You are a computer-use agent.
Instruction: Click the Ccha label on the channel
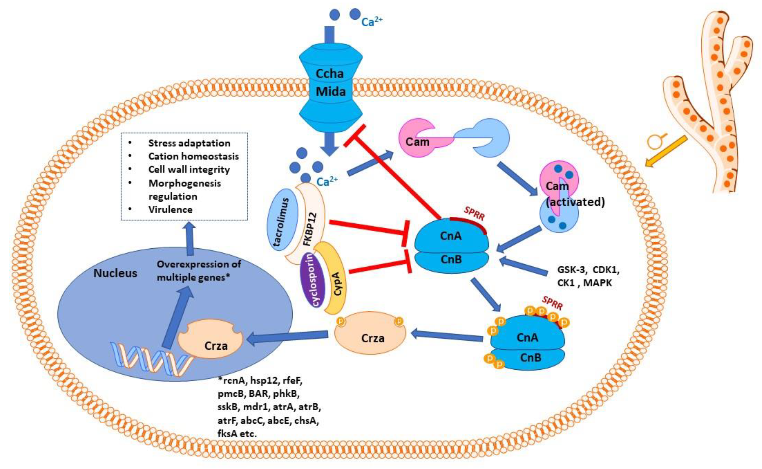coord(330,74)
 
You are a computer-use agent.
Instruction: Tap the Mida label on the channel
coord(331,92)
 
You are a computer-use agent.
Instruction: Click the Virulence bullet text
coord(170,210)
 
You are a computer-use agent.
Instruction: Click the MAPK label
coord(598,283)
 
